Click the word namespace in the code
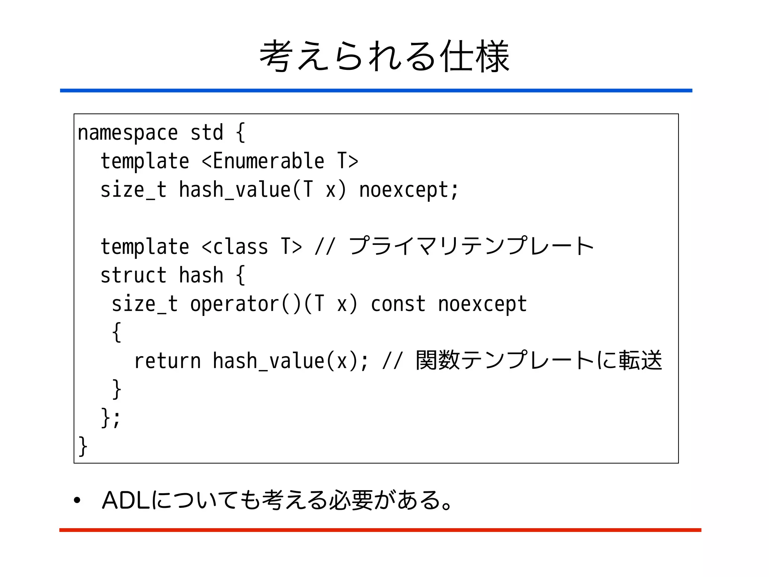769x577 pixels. [x=127, y=133]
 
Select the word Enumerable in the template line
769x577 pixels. [x=268, y=162]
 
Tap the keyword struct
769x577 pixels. [x=133, y=275]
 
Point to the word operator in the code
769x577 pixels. [x=234, y=304]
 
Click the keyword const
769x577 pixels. [x=398, y=304]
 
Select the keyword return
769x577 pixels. [x=167, y=361]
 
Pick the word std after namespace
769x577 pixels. [x=207, y=133]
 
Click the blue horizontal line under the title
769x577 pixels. [x=375, y=91]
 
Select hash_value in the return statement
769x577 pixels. [x=268, y=361]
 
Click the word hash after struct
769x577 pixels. [x=201, y=275]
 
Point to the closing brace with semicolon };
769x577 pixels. [x=110, y=418]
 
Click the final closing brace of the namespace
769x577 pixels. [x=83, y=446]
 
